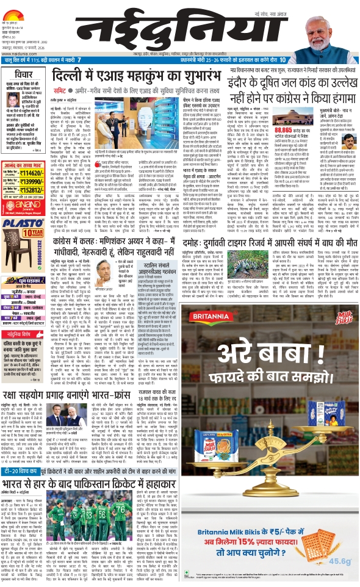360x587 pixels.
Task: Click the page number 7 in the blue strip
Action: click(x=79, y=59)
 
